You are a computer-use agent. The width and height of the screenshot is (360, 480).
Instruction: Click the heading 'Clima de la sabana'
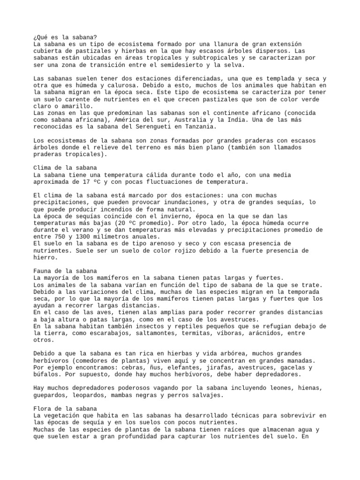click(65, 167)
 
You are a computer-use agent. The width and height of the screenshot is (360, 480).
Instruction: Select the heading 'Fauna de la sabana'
click(65, 271)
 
